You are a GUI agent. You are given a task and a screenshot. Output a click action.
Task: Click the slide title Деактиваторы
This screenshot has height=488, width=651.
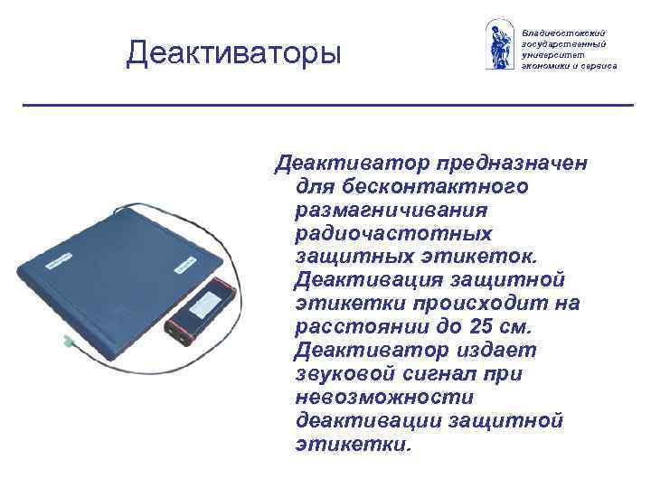(x=234, y=53)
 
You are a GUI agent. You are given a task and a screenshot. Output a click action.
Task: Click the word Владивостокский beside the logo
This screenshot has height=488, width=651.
(x=562, y=32)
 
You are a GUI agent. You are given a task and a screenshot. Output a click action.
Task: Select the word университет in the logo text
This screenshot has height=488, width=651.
(x=551, y=54)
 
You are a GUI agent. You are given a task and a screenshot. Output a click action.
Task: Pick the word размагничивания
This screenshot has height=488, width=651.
(x=391, y=210)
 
